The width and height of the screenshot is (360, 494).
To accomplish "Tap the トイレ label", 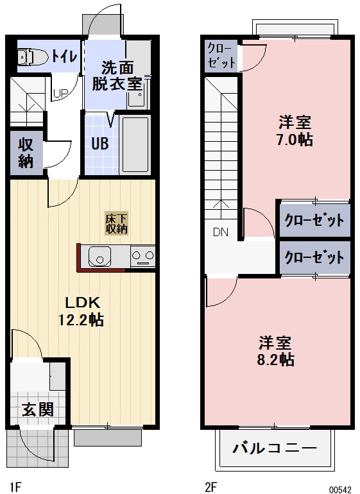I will (65, 56).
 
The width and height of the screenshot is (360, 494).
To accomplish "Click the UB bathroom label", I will (99, 144).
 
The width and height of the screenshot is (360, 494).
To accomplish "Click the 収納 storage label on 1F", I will (26, 153).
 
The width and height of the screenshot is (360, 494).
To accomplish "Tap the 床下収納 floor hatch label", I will (117, 223).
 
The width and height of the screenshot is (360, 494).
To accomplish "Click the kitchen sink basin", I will (100, 258).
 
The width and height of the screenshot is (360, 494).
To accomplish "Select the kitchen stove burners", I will (142, 257).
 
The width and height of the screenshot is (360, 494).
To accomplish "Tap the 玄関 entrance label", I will (38, 410).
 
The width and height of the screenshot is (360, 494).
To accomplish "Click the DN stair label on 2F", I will (220, 232).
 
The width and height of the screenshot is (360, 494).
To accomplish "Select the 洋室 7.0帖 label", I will (295, 131).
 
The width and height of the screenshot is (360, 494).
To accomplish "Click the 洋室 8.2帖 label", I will (277, 350).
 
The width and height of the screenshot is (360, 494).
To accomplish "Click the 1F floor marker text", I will (15, 486).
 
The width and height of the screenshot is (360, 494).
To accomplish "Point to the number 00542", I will (340, 489).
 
